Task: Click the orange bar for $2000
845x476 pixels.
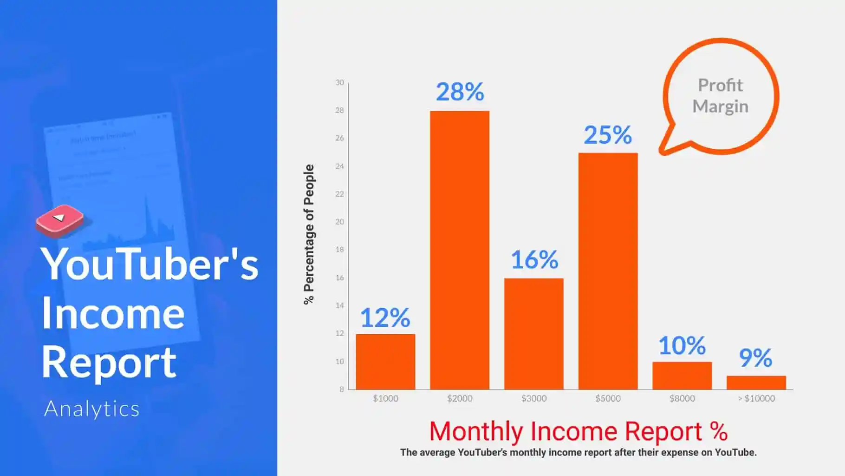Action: point(460,250)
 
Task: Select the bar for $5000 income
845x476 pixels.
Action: point(608,271)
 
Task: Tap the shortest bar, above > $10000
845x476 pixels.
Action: point(756,383)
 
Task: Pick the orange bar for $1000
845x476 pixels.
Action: point(385,362)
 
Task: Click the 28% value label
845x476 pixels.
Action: point(460,92)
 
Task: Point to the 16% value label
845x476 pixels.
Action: point(534,259)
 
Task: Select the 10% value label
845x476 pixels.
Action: point(682,346)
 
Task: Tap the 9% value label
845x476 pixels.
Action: point(756,358)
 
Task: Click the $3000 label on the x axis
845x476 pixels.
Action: point(534,398)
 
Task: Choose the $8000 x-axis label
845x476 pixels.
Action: point(682,398)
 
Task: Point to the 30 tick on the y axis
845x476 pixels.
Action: point(340,82)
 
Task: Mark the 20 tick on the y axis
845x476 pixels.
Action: point(340,222)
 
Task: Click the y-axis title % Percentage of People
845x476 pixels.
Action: point(309,234)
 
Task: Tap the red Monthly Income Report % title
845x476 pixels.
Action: point(578,431)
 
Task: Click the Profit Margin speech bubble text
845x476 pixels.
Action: point(721,96)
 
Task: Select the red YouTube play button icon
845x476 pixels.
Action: point(60,221)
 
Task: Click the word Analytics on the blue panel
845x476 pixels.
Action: point(92,409)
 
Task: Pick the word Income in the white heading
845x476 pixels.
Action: point(113,313)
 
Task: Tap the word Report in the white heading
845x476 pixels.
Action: point(109,363)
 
